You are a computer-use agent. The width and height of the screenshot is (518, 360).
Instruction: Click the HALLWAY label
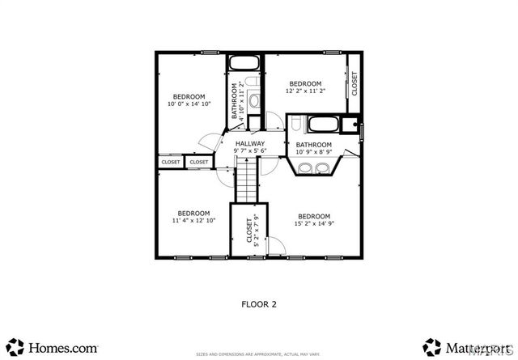click(x=250, y=143)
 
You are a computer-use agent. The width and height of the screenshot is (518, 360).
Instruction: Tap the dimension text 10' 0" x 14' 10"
click(x=189, y=104)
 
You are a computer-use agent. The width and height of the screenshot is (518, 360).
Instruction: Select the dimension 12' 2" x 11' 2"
click(x=306, y=91)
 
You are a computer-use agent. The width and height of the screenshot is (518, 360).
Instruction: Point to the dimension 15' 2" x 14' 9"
click(x=314, y=224)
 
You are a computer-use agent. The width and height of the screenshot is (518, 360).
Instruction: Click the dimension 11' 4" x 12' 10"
click(x=194, y=221)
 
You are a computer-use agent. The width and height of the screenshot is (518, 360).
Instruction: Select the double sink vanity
click(x=313, y=168)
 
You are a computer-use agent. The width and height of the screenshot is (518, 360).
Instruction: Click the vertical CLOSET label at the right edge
click(x=355, y=83)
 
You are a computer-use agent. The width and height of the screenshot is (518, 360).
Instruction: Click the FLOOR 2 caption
click(x=259, y=305)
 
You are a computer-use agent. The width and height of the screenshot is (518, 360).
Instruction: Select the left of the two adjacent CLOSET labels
click(x=171, y=162)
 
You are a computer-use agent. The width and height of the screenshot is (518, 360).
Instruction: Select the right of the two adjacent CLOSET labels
click(x=198, y=162)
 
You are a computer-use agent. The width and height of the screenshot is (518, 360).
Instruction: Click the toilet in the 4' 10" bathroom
click(x=254, y=100)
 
